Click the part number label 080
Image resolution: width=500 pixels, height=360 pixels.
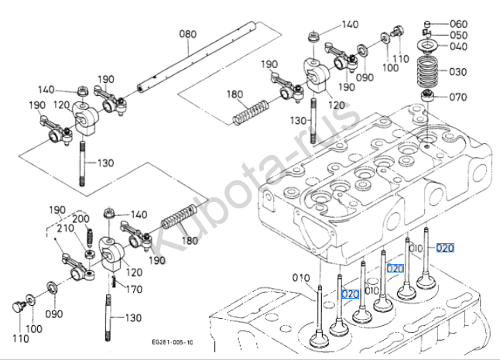(x=188, y=33)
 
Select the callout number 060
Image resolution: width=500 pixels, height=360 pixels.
(x=459, y=24)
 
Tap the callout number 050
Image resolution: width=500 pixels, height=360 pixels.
(x=459, y=36)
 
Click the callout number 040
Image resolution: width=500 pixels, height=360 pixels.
(x=459, y=47)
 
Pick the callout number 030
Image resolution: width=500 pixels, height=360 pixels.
(x=459, y=71)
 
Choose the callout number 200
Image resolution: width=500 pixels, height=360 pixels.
(x=80, y=220)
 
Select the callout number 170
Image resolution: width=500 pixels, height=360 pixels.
(x=134, y=290)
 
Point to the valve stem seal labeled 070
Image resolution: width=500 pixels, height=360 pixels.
(x=426, y=97)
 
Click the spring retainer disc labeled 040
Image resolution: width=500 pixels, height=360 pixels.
(x=426, y=48)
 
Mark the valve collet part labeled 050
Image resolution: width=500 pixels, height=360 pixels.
(x=426, y=35)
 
